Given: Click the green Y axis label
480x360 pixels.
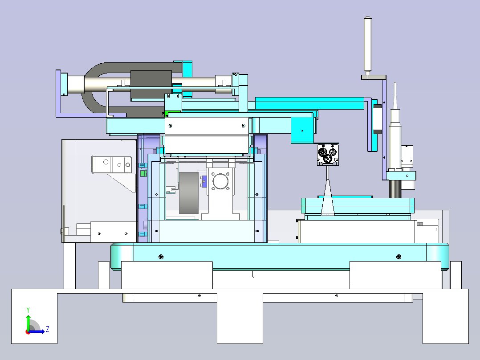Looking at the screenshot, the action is coord(28,310).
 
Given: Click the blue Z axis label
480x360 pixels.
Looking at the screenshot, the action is coord(48,329).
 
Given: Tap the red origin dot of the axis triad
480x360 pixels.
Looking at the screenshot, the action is coord(28,332).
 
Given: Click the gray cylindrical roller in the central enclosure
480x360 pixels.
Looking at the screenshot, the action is coord(189,192).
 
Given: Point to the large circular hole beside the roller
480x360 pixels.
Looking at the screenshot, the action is coord(220,182).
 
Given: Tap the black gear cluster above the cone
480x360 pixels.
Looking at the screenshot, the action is coord(327,154).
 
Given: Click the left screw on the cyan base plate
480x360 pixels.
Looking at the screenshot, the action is coord(161,257).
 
